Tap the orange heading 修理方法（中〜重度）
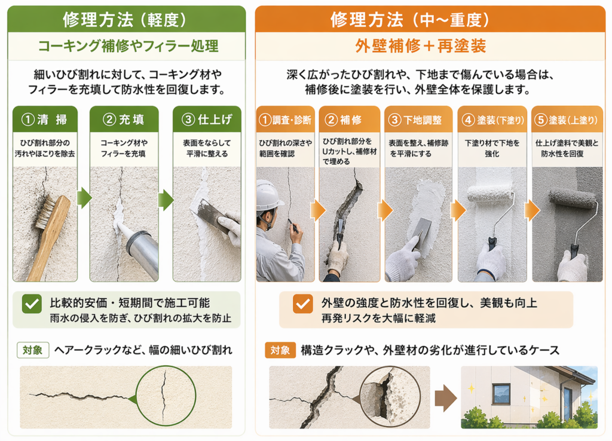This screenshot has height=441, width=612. pos(410,20)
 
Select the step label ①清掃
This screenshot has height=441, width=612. pos(44,120)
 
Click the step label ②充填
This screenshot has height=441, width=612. pos(123,120)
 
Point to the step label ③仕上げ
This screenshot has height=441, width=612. pos(207,120)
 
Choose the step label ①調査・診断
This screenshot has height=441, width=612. pos(285,120)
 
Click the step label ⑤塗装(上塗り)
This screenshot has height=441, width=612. pos(567,120)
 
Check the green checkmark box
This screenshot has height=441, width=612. pos(32,304)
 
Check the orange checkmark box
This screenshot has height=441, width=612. pos(302,304)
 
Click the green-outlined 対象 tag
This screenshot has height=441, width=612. pos(33,350)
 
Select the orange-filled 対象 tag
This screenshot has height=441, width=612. pos(280,350)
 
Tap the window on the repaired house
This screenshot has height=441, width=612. pos(501,394)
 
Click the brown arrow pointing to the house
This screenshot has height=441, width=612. pos(446,399)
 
